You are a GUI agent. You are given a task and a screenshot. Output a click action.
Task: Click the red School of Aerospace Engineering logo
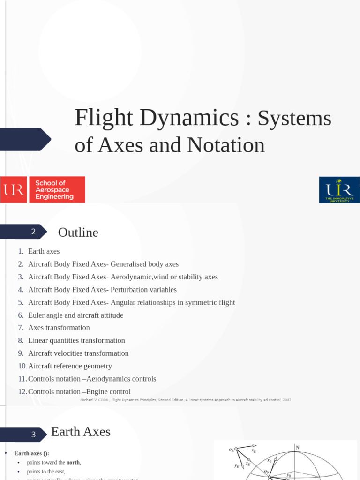click(43, 189)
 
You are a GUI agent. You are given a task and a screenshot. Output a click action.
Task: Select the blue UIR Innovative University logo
click(339, 189)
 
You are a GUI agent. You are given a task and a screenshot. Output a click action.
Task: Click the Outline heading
click(78, 232)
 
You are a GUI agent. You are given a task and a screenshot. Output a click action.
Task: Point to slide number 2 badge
click(33, 232)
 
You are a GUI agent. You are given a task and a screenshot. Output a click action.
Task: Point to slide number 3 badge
click(33, 435)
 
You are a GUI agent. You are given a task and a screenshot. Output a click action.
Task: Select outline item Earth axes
click(44, 251)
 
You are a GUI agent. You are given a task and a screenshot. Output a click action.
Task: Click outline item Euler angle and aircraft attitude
click(75, 315)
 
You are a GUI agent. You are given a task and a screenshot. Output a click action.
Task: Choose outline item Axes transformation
click(59, 328)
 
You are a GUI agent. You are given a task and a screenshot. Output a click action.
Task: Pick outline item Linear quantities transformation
click(76, 340)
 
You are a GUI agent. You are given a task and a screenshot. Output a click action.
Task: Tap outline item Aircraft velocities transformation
click(78, 353)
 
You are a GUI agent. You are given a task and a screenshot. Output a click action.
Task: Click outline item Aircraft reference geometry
click(70, 366)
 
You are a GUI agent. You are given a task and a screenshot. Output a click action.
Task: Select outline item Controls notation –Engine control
click(79, 391)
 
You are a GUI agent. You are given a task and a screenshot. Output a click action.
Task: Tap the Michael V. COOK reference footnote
click(186, 400)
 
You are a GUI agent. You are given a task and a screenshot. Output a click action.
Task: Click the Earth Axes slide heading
click(81, 432)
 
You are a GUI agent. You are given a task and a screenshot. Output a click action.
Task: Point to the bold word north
click(73, 462)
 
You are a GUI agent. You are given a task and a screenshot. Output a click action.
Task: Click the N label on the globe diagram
click(297, 448)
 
